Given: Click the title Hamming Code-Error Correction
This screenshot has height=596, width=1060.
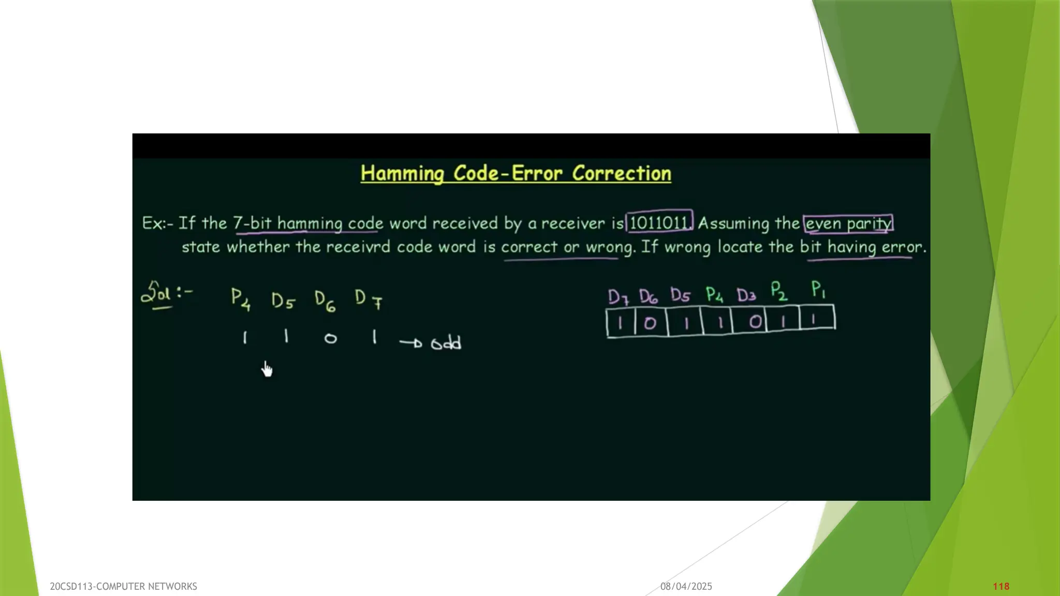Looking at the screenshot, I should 516,173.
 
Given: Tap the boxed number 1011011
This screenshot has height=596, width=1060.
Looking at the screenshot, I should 658,223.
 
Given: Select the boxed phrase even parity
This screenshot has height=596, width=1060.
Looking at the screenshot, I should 848,224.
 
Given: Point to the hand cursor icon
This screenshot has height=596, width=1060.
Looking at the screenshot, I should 267,369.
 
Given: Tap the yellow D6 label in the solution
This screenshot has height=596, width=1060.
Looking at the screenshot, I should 325,301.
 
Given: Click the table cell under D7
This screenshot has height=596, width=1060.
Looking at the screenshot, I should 620,323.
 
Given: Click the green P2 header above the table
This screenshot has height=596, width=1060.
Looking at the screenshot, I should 778,291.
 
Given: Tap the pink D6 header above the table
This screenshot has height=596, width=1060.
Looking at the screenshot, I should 648,296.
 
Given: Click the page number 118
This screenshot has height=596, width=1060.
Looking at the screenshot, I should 1001,586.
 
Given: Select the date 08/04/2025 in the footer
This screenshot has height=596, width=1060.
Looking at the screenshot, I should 686,586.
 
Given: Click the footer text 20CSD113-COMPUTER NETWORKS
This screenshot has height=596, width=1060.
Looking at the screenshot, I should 123,586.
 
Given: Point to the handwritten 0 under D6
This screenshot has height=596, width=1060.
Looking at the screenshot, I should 330,339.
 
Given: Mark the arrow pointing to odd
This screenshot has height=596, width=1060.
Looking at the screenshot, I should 411,342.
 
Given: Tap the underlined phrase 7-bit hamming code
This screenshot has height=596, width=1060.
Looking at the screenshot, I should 308,223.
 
